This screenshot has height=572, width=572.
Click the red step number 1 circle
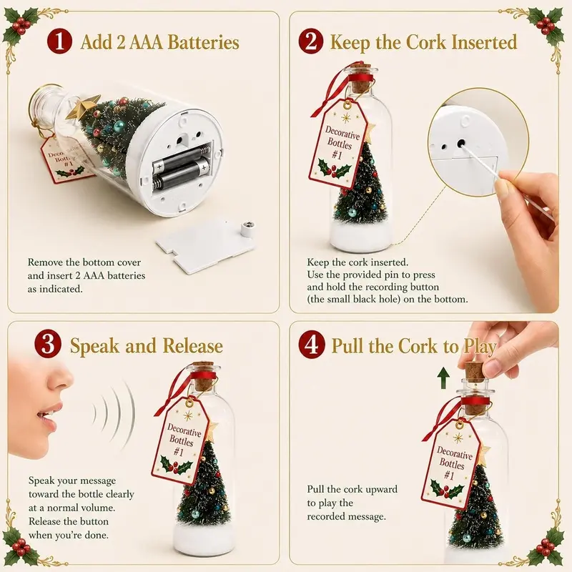(x=59, y=41)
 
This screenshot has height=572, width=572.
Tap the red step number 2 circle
(x=310, y=41)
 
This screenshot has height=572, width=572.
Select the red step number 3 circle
(x=48, y=345)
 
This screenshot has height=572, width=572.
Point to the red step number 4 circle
(x=311, y=345)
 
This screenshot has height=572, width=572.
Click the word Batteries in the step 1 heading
(x=203, y=42)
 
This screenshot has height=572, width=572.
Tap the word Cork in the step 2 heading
(x=425, y=42)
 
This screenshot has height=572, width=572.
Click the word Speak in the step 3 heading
(x=94, y=346)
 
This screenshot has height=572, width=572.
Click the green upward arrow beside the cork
(x=443, y=378)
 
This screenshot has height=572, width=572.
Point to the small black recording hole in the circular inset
(x=461, y=142)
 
